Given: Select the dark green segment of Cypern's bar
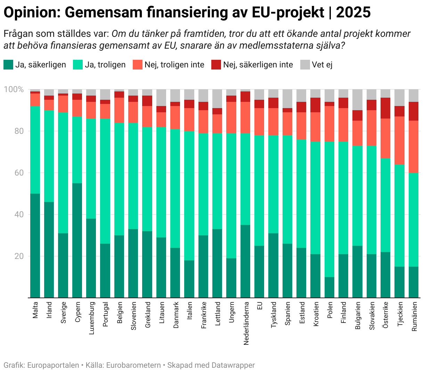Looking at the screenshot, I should (x=77, y=240).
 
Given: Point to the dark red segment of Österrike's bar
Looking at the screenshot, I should (x=385, y=108).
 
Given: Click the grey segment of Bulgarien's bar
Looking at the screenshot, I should (x=358, y=100).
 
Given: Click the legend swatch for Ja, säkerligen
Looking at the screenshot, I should (x=8, y=65).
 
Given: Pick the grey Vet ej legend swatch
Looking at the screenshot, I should (x=305, y=65).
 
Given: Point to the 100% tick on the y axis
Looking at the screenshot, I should (x=14, y=90).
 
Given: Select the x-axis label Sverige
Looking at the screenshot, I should (x=63, y=312).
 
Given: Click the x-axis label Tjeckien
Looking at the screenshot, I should (x=400, y=314).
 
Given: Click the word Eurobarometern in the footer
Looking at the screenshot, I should (x=133, y=365).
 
